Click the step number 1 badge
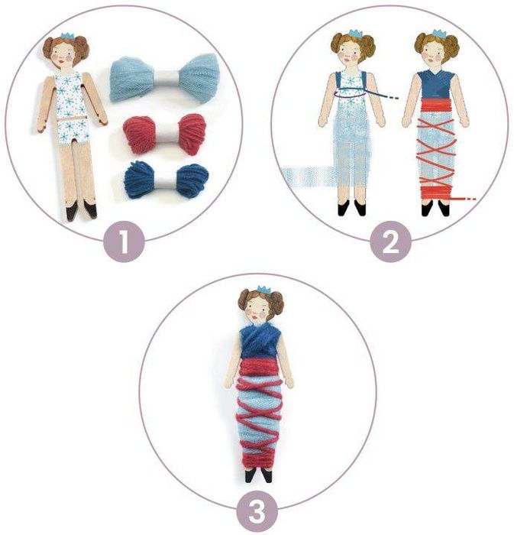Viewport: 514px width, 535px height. pos(124,242)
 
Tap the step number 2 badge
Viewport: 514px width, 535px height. pos(390,242)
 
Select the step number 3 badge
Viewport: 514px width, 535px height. pos(257,511)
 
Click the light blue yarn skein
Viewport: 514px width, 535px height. pos(164,79)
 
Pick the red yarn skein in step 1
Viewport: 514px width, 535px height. pos(165,135)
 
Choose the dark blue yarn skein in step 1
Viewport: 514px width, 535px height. pos(166,180)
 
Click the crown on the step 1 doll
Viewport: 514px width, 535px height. pos(67,36)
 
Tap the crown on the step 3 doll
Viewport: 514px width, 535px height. pos(263,290)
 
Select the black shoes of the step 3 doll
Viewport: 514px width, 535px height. pos(259,475)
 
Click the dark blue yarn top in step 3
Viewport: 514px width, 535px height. pos(260,342)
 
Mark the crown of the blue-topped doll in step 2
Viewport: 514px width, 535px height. pos(439,34)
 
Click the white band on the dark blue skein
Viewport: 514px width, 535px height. pos(166,180)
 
